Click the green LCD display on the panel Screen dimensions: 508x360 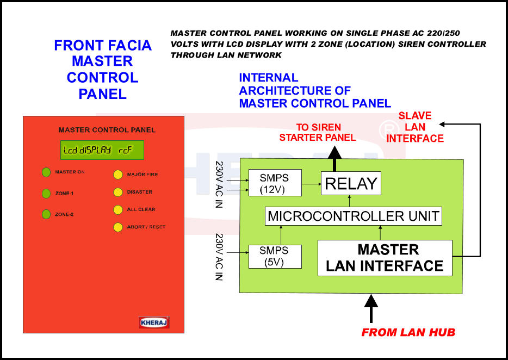click(102, 150)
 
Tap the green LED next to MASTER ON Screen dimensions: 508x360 click(46, 172)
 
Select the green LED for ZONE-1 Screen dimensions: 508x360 click(46, 194)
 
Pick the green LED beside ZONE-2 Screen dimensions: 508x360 click(46, 214)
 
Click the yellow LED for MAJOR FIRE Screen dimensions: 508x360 click(118, 175)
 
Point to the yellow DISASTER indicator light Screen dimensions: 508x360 click(118, 192)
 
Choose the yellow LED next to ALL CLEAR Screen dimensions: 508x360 click(118, 210)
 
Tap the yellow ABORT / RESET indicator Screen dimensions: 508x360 click(118, 227)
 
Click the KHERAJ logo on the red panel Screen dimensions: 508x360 click(154, 322)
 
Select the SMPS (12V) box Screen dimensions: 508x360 click(275, 183)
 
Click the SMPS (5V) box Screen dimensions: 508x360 click(275, 257)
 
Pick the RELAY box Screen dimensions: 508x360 click(351, 183)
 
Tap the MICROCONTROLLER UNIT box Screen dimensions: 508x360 click(354, 216)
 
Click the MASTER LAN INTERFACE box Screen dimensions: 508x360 click(385, 258)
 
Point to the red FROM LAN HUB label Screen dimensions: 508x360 click(408, 332)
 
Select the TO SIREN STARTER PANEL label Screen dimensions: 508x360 click(318, 132)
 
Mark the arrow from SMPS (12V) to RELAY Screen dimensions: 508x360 click(311, 184)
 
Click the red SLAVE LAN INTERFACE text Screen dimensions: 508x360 click(414, 127)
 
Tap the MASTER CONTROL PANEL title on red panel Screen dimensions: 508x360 click(107, 130)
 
